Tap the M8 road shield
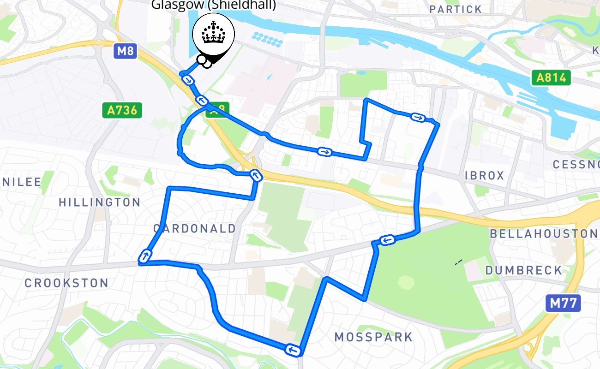pyautogui.click(x=125, y=51)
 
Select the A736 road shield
pyautogui.click(x=122, y=110)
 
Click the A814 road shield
pyautogui.click(x=551, y=77)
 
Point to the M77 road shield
pyautogui.click(x=562, y=304)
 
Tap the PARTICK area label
pyautogui.click(x=455, y=9)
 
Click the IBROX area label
pyautogui.click(x=485, y=175)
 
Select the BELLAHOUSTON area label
pyautogui.click(x=543, y=233)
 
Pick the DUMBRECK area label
pyautogui.click(x=524, y=270)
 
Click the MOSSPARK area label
pyautogui.click(x=373, y=337)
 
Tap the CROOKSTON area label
pyautogui.click(x=66, y=283)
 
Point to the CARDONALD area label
pyautogui.click(x=194, y=228)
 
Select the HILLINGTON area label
pyautogui.click(x=100, y=202)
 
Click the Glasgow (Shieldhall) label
pyautogui.click(x=214, y=5)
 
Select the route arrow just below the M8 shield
pyautogui.click(x=188, y=80)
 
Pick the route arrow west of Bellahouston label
pyautogui.click(x=387, y=239)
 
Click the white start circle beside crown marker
pyautogui.click(x=202, y=59)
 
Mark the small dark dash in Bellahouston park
pyautogui.click(x=459, y=262)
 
